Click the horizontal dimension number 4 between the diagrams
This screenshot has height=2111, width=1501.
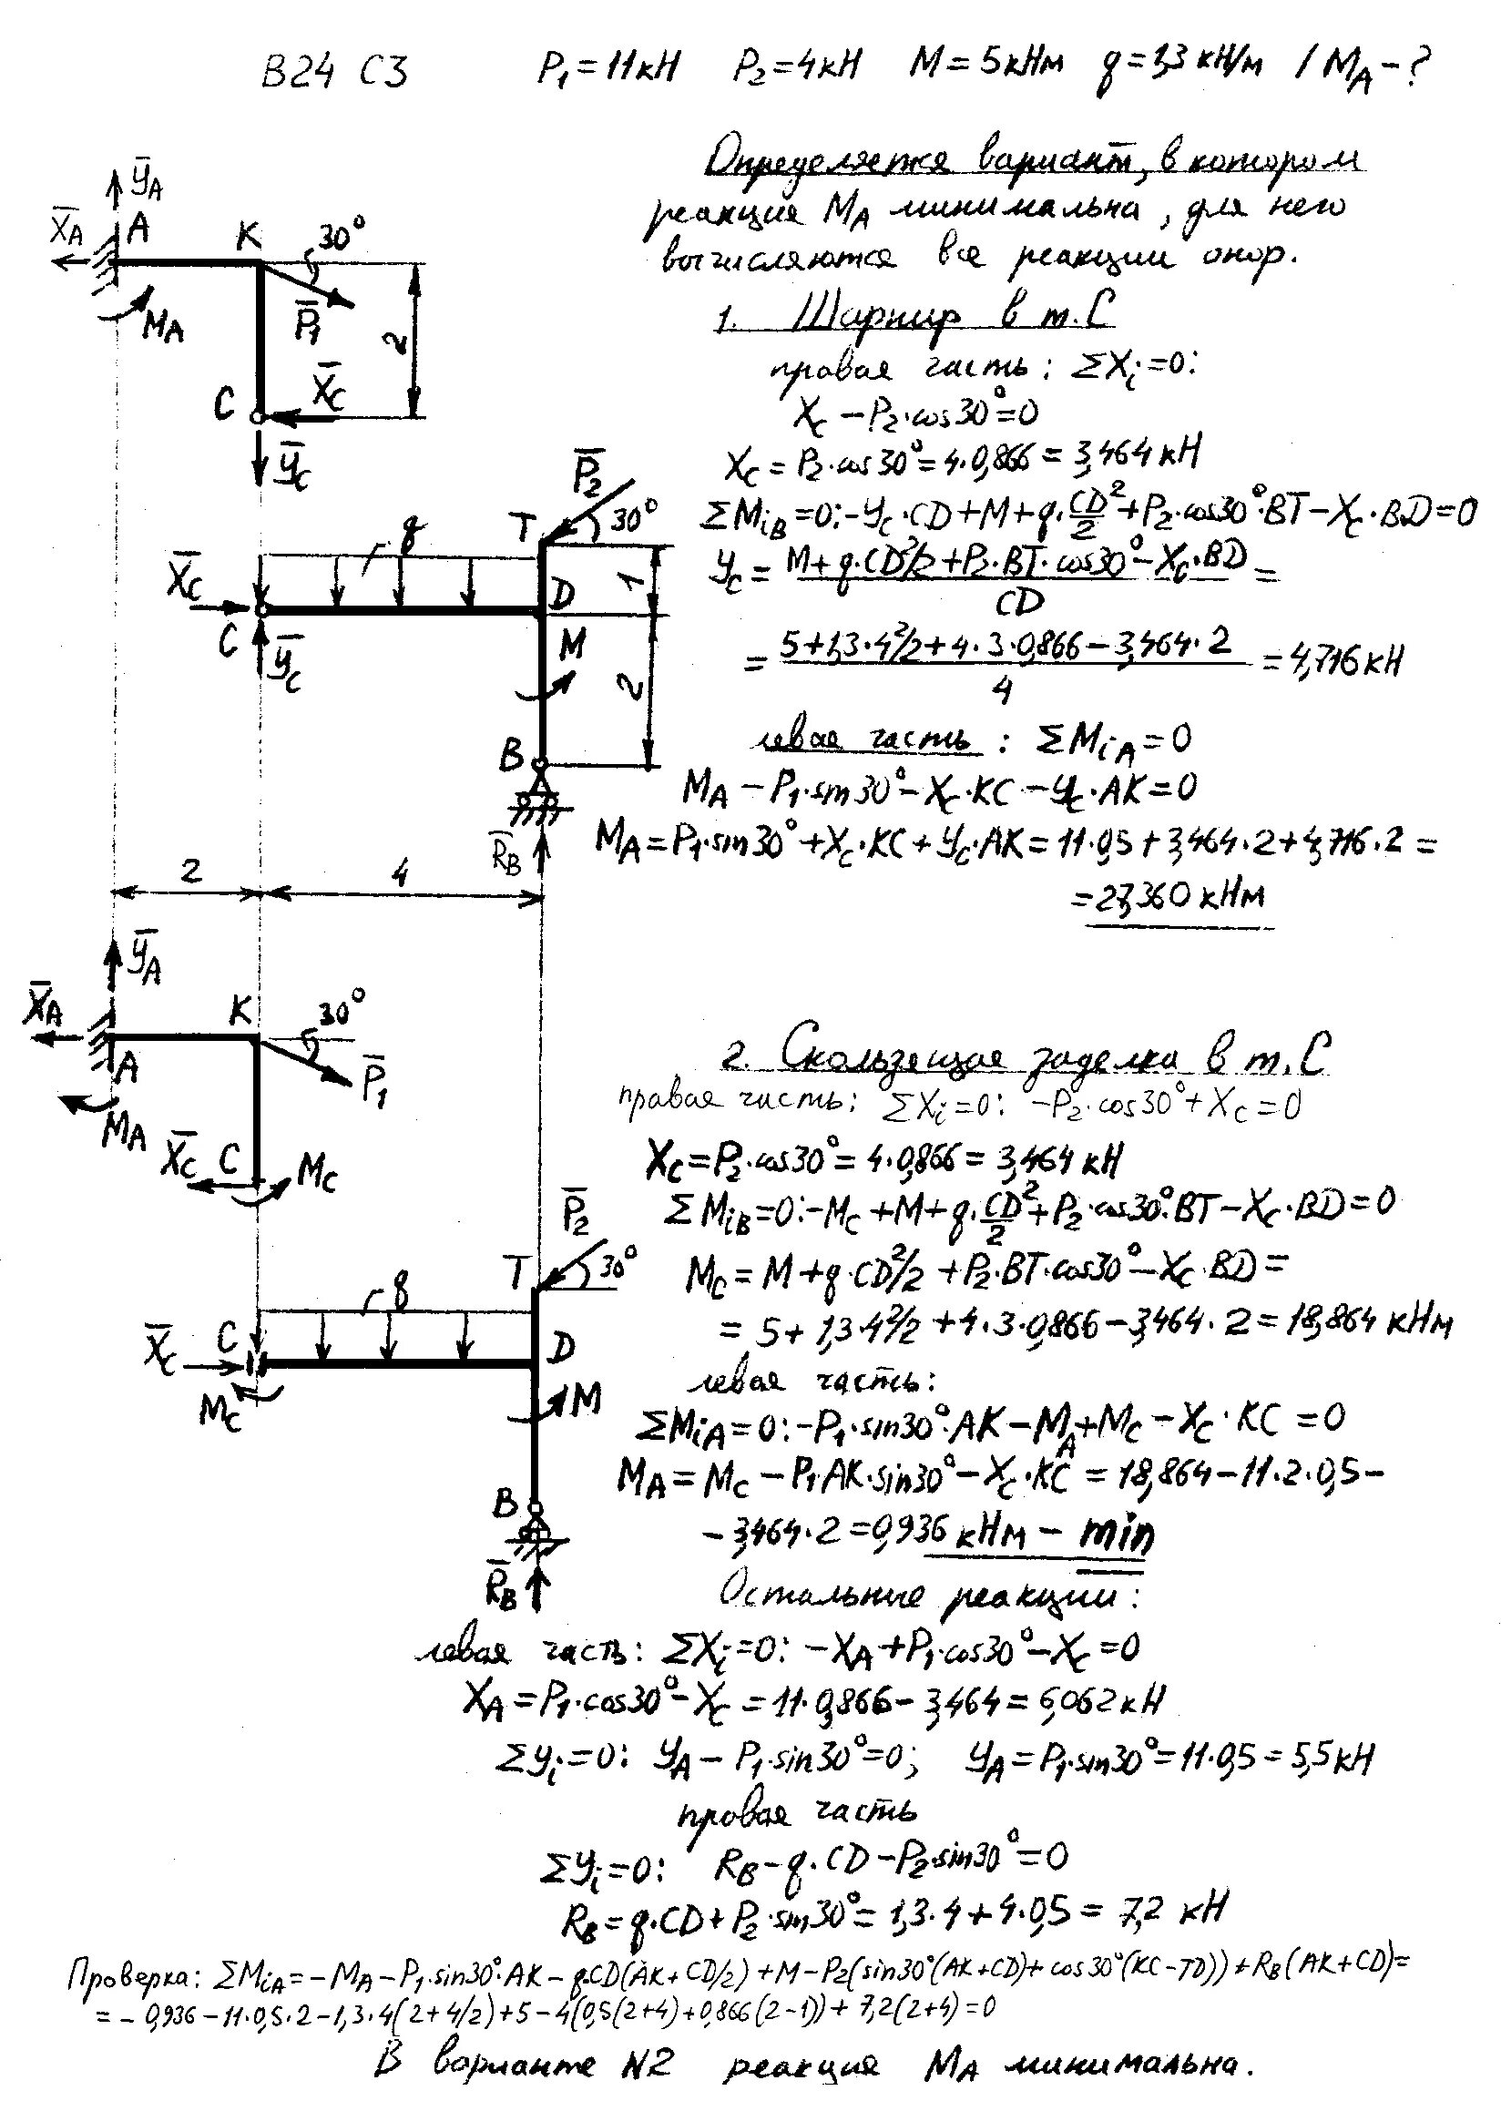[399, 873]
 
